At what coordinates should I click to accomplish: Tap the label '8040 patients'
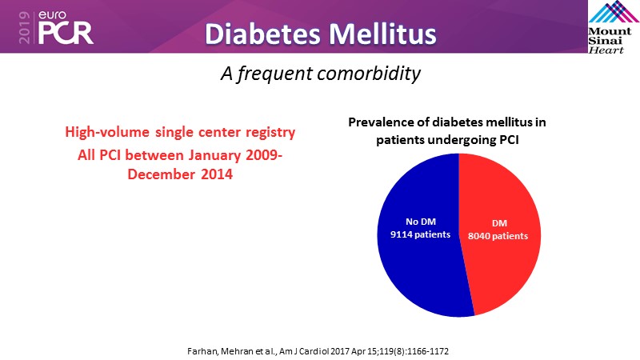498,237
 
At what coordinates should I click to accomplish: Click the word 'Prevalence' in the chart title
380,122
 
